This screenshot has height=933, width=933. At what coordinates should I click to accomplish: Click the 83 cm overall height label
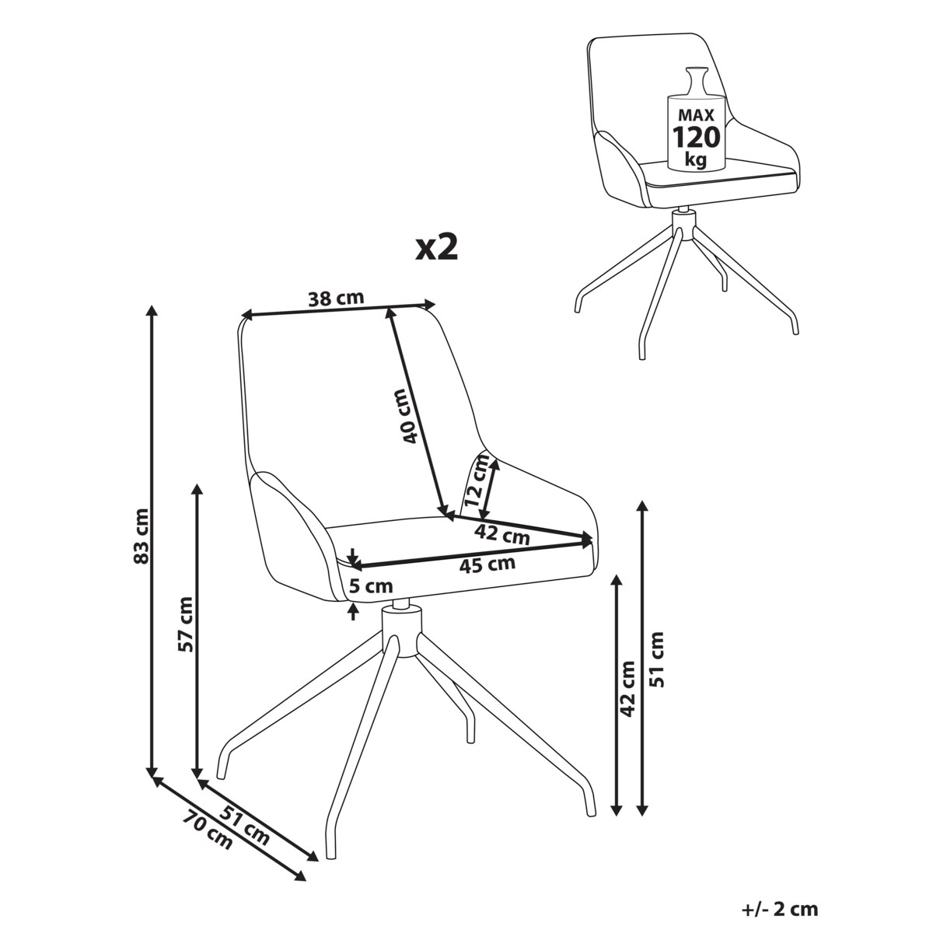click(x=142, y=536)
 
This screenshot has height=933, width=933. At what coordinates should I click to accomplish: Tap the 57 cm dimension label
click(x=186, y=624)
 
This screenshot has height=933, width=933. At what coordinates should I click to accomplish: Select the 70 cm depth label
click(x=208, y=833)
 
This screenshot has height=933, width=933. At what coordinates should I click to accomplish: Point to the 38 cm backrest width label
click(x=336, y=299)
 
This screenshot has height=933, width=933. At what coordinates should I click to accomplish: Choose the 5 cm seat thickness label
click(x=371, y=586)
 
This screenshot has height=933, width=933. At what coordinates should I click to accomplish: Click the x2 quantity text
click(x=437, y=248)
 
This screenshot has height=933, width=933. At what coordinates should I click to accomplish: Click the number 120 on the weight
click(x=697, y=137)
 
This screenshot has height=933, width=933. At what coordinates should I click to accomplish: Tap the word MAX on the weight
click(x=697, y=115)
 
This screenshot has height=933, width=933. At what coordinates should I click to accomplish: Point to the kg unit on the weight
click(x=696, y=159)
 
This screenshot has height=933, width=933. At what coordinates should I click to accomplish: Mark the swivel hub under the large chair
click(x=400, y=632)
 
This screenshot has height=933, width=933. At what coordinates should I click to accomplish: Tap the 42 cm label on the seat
click(x=501, y=534)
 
